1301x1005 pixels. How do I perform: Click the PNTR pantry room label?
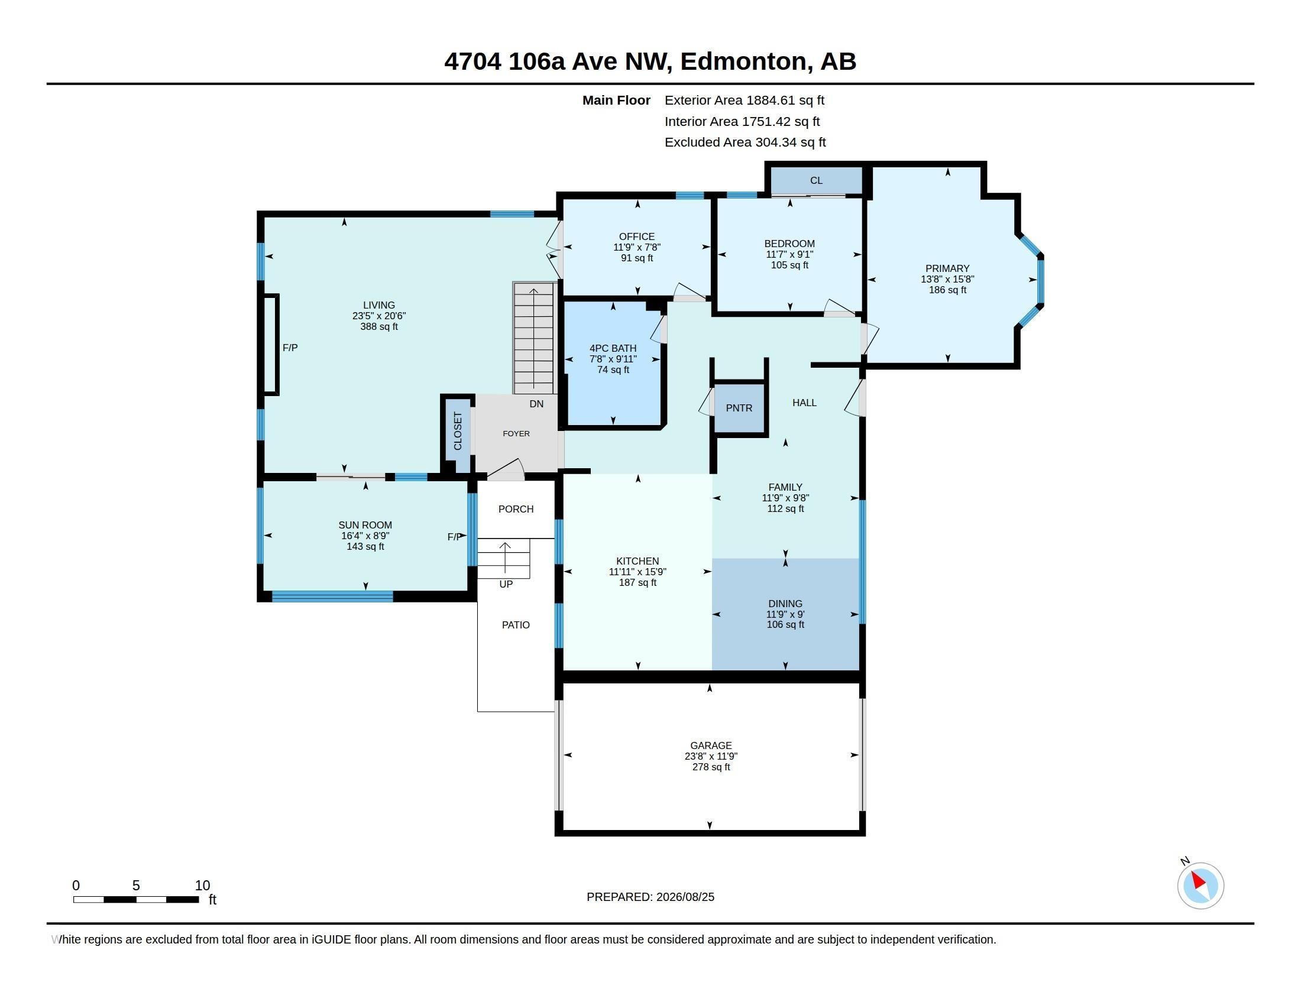tap(739, 408)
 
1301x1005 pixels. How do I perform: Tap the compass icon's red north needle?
tap(1198, 880)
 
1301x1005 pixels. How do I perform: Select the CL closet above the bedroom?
tap(816, 180)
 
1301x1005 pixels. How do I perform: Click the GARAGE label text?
tap(711, 745)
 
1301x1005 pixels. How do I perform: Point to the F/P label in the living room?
tap(290, 348)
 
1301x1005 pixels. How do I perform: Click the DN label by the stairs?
tap(536, 404)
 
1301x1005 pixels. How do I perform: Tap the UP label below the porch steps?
tap(506, 584)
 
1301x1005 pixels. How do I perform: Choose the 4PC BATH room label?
tap(613, 348)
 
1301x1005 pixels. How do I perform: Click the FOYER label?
tap(516, 433)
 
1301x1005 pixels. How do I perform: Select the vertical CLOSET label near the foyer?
tap(458, 431)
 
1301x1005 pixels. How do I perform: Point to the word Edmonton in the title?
tap(744, 61)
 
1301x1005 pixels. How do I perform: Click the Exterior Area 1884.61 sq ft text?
tap(745, 100)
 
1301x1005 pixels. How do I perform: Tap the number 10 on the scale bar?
tap(202, 886)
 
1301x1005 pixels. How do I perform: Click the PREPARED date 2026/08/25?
tap(685, 897)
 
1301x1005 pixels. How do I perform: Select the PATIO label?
tap(515, 624)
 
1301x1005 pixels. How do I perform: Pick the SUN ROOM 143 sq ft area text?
tap(365, 547)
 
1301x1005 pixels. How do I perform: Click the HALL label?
tap(804, 403)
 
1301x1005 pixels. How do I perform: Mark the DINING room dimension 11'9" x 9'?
tap(785, 614)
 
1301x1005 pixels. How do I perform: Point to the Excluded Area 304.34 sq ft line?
tap(745, 142)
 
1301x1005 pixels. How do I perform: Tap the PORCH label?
tap(516, 509)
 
